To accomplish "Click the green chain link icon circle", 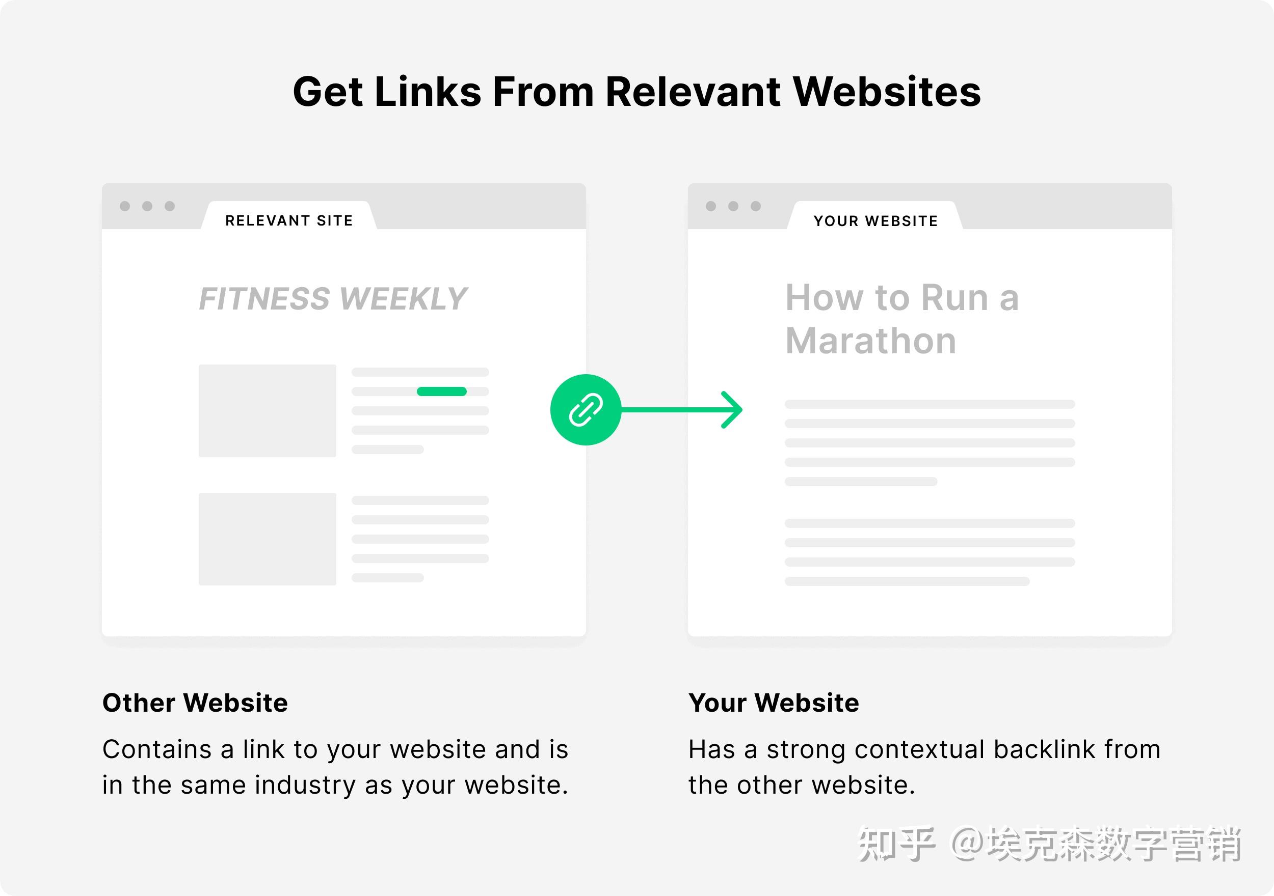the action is tap(586, 410).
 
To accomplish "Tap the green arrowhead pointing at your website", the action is tap(733, 410).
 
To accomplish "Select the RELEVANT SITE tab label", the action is tap(288, 220).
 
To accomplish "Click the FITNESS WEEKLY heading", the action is tap(333, 299).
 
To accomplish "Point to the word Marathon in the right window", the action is tap(870, 341).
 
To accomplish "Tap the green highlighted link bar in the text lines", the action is tap(441, 391).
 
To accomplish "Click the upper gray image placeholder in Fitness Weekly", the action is tap(268, 410).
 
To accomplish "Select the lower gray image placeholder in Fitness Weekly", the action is tap(268, 539).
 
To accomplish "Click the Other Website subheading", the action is tap(195, 703).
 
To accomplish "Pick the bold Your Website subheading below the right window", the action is tap(774, 703).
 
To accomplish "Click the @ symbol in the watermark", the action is tap(968, 845).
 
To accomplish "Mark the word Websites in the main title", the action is tap(887, 92).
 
